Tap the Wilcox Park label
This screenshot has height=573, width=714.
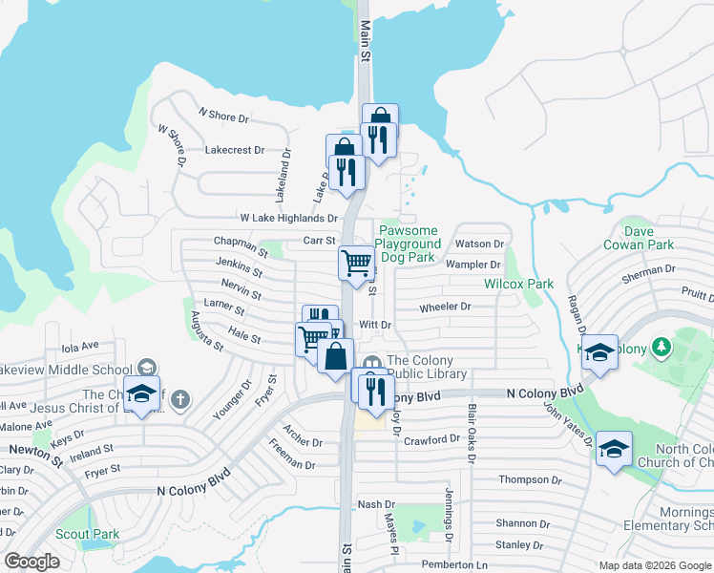coord(518,285)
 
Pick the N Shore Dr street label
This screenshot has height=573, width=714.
coord(222,117)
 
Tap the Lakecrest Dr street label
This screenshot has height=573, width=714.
coord(234,150)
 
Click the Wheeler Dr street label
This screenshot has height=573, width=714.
coord(445,307)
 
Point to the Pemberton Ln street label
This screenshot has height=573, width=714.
coord(455,564)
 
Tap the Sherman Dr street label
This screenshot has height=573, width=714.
coord(648,270)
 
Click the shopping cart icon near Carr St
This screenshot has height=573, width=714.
coord(356,261)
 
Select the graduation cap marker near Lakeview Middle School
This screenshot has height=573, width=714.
coord(142,394)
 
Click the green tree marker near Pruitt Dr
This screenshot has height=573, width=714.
coord(661,345)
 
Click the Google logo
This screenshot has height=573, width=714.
coord(31,562)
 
